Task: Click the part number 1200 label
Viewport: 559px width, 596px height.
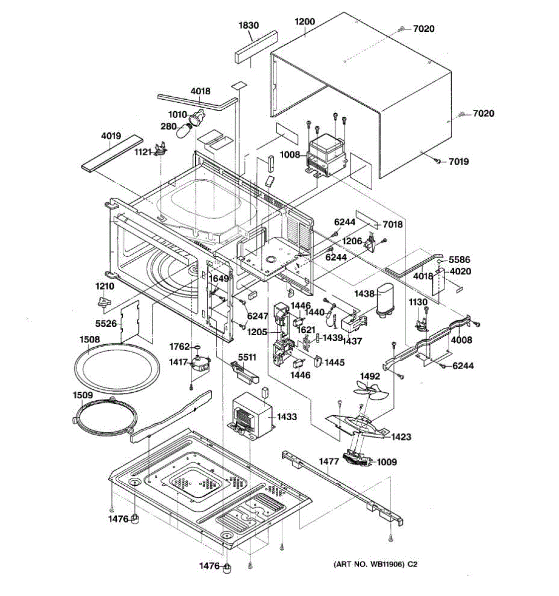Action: (305, 22)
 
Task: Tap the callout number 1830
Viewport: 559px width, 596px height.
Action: (248, 25)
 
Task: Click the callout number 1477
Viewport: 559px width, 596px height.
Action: (328, 461)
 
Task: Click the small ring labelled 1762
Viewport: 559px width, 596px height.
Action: (197, 346)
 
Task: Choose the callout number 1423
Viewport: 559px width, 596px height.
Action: (400, 437)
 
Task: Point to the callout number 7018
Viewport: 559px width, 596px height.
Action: (392, 224)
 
